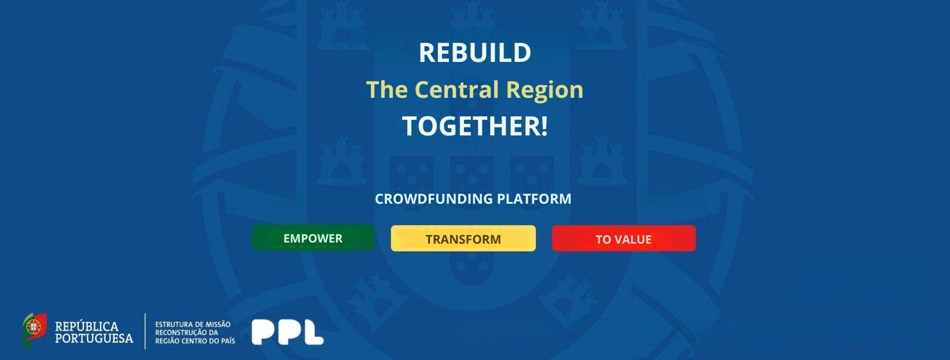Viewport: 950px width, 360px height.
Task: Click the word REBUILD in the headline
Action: point(475,53)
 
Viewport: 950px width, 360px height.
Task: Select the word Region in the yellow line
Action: point(544,90)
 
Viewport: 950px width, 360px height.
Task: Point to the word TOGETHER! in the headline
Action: point(475,126)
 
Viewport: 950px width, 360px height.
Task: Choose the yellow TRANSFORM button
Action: point(463,238)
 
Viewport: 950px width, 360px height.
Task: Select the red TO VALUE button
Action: point(624,238)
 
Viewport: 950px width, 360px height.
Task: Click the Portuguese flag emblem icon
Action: point(34,330)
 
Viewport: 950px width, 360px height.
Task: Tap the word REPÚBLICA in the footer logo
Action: point(87,326)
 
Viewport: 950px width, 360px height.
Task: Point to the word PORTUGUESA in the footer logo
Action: point(94,339)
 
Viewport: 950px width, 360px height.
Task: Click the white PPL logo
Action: point(288,332)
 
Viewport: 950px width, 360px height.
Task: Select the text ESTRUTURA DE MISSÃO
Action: point(193,324)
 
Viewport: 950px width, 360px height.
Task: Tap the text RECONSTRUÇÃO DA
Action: point(187,333)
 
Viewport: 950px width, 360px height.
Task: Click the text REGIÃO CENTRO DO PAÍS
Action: point(194,341)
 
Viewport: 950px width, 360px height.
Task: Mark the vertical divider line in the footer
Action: point(145,331)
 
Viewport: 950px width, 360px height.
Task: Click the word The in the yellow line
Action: point(387,90)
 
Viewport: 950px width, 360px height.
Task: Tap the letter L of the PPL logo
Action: point(313,332)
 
